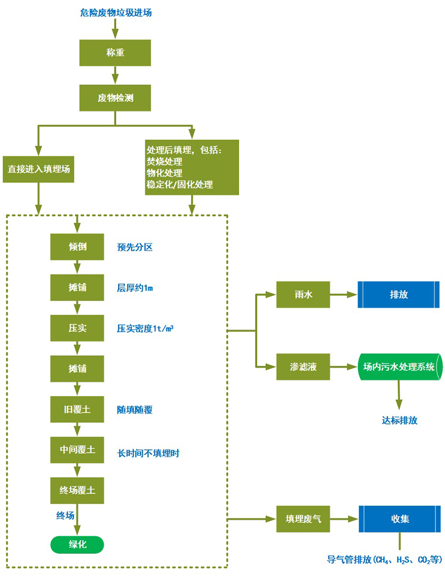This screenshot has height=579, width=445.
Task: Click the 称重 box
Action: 115,53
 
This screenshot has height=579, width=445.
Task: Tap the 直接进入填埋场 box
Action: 38,169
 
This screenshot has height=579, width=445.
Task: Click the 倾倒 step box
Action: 77,247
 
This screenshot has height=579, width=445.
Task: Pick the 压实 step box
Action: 77,328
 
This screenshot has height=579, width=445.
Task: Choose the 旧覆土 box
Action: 77,409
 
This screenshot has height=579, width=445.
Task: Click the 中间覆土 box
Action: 77,450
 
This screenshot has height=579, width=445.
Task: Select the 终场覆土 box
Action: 77,490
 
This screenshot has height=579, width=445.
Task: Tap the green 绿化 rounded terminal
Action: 77,544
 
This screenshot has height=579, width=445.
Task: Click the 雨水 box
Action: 303,294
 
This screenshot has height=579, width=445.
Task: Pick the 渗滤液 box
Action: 303,367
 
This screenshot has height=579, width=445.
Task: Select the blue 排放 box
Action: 398,294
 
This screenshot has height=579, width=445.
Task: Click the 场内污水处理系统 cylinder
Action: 399,367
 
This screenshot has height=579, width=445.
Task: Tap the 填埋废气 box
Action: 303,519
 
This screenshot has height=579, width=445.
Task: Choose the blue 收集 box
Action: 398,519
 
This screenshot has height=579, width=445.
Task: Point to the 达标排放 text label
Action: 399,420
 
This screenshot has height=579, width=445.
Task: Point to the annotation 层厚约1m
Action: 135,288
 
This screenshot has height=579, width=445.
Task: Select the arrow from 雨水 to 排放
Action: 343,294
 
